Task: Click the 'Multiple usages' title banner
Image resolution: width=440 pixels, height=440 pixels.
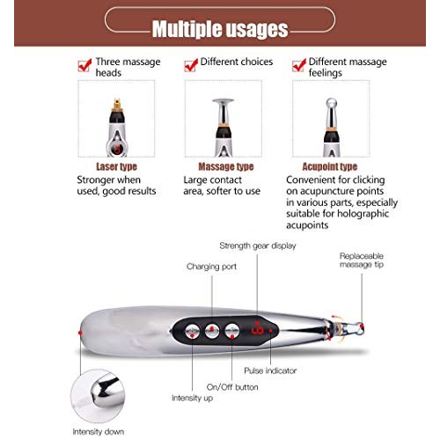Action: pyautogui.click(x=219, y=28)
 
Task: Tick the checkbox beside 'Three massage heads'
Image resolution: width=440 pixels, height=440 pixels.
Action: pyautogui.click(x=84, y=65)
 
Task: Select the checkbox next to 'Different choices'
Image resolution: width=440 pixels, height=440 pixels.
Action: pyautogui.click(x=190, y=65)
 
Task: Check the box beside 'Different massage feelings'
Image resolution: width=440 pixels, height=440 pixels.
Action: pyautogui.click(x=299, y=65)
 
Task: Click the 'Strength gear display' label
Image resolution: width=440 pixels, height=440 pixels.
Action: pyautogui.click(x=257, y=246)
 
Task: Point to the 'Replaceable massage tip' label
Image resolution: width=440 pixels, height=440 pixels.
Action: pyautogui.click(x=361, y=260)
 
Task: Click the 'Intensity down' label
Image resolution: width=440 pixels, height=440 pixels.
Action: pyautogui.click(x=98, y=431)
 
